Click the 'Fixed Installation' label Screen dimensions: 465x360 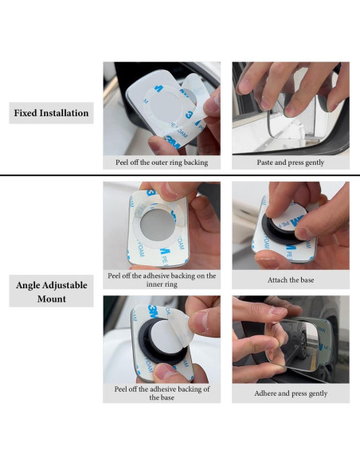[x=51, y=113]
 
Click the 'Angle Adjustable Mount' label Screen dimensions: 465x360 [x=51, y=291]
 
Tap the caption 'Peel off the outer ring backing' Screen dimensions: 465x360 [x=162, y=162]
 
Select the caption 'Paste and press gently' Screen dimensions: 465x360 [x=291, y=162]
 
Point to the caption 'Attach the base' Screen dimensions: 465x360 [x=291, y=280]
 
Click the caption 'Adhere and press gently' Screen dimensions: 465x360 [x=291, y=393]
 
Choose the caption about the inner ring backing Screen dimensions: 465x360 [x=162, y=280]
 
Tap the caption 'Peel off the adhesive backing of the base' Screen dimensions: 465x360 [x=162, y=393]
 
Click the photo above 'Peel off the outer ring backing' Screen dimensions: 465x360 [x=162, y=108]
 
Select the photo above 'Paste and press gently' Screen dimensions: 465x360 [x=291, y=108]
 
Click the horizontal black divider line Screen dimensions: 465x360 [x=180, y=175]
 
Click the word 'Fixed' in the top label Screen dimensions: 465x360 [x=28, y=113]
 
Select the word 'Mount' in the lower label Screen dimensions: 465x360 [x=51, y=299]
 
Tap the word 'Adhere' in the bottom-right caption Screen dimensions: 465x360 [x=268, y=393]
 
